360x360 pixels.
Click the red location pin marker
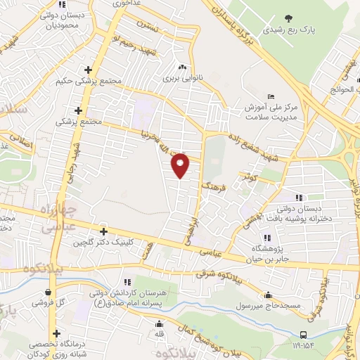(181, 165)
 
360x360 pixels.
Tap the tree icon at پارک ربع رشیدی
(288, 18)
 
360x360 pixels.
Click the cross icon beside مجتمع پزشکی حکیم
(88, 70)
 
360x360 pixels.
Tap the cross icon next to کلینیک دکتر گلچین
(103, 231)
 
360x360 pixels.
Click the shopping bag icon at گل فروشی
(48, 292)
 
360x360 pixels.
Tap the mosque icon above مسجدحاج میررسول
(268, 295)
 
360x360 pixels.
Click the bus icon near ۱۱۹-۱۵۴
(303, 335)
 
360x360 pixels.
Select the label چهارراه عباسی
(51, 219)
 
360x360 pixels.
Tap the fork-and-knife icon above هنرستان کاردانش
(127, 281)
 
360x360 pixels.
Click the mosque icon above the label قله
(160, 324)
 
